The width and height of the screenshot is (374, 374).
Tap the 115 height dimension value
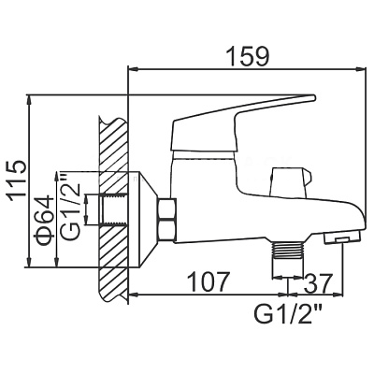18,180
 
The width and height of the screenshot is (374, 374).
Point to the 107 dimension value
210,282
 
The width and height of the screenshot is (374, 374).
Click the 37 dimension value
317,282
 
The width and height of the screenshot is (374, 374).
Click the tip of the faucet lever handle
314,97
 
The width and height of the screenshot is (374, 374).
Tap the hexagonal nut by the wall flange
167,220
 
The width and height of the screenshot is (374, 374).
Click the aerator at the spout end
342,237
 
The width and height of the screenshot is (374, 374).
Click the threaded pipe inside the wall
114,209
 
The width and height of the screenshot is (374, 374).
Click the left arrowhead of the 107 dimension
134,294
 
